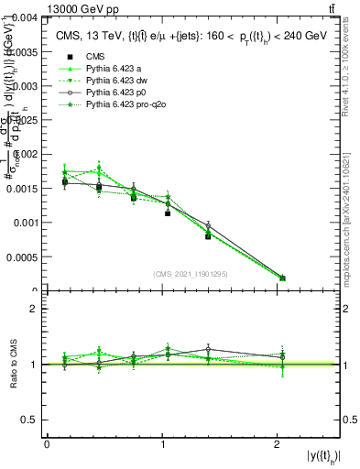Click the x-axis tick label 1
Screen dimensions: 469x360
click(162, 444)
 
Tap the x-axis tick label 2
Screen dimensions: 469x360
click(277, 444)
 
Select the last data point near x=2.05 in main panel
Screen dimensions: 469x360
click(282, 278)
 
